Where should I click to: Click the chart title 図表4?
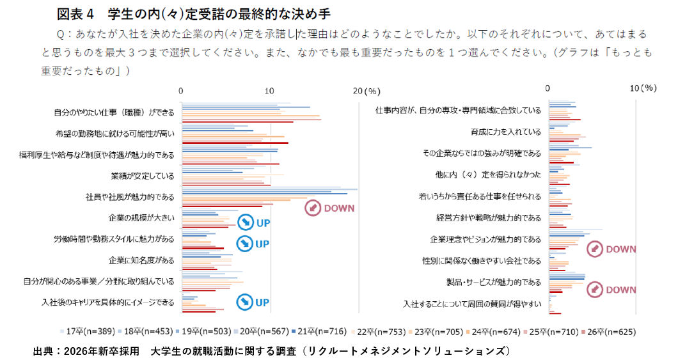75,13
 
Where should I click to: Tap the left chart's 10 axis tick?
270,90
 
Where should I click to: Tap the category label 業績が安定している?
142,175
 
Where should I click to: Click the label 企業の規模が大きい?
141,217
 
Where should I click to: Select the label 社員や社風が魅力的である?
129,196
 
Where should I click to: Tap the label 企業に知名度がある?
141,260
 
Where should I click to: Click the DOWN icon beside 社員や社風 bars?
313,208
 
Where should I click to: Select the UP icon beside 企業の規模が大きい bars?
246,223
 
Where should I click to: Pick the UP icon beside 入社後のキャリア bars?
246,302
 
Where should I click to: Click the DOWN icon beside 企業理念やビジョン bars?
595,249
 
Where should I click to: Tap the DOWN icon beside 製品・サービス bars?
595,290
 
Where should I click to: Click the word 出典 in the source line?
42,350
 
